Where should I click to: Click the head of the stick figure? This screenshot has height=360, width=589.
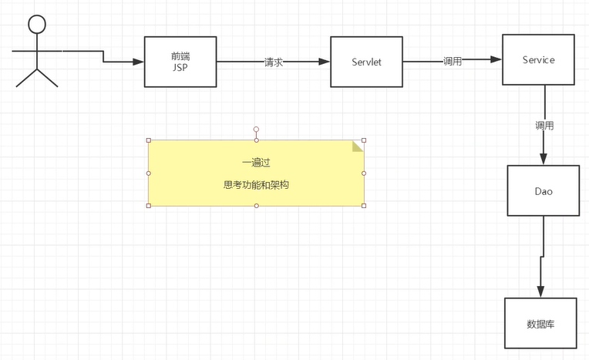tap(37, 24)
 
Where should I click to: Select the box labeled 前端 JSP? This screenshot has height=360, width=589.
tap(180, 62)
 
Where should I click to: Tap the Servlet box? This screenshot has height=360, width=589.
tap(367, 62)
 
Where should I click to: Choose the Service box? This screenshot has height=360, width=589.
tap(538, 59)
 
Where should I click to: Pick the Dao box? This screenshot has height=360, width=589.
tap(543, 190)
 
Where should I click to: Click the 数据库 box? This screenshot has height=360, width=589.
tap(540, 323)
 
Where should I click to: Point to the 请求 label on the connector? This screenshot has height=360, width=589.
tap(274, 62)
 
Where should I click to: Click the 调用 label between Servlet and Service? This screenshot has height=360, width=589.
tap(453, 61)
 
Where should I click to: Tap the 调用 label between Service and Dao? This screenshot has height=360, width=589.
tap(544, 125)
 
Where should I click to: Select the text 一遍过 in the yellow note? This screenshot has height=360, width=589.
tap(256, 163)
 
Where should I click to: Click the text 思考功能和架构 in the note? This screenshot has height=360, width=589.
tap(256, 185)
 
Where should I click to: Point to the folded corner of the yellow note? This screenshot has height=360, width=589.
tap(358, 146)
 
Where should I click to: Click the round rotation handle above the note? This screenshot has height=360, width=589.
tap(256, 130)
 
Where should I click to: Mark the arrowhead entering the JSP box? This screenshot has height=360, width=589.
tap(139, 62)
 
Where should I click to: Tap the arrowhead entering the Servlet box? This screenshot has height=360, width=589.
tap(325, 62)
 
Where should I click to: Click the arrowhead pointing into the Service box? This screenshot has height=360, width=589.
tap(496, 59)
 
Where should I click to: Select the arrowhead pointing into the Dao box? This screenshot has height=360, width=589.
tap(544, 160)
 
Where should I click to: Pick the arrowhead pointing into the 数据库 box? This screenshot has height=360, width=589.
tap(540, 291)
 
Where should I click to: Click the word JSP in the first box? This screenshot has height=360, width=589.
tap(180, 67)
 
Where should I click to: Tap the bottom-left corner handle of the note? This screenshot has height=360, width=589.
tap(148, 206)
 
